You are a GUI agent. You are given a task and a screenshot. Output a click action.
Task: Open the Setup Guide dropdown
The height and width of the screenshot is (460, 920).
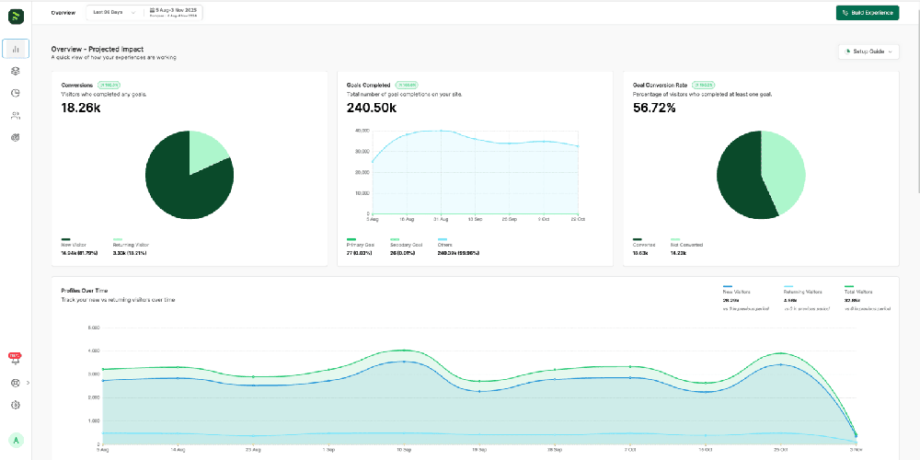pyautogui.click(x=868, y=52)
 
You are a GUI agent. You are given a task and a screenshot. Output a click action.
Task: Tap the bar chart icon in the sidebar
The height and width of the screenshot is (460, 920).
pyautogui.click(x=16, y=49)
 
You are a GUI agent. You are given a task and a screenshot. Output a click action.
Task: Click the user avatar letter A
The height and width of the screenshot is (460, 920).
pyautogui.click(x=16, y=441)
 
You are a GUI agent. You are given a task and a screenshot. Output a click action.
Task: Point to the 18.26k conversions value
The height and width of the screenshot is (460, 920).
pyautogui.click(x=81, y=108)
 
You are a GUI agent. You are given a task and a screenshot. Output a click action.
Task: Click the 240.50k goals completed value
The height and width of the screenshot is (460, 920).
pyautogui.click(x=372, y=108)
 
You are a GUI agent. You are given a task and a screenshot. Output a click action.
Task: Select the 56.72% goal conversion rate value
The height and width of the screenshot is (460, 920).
pyautogui.click(x=654, y=108)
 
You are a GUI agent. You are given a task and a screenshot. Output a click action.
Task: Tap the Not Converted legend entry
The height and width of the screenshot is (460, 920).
pyautogui.click(x=686, y=245)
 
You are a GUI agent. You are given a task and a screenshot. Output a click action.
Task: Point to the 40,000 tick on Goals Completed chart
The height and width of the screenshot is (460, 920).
pyautogui.click(x=362, y=131)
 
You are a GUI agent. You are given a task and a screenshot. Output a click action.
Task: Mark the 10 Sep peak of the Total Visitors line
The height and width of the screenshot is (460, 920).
pyautogui.click(x=402, y=350)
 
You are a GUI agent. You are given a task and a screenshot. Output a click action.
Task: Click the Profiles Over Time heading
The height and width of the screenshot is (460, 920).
pyautogui.click(x=85, y=291)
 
